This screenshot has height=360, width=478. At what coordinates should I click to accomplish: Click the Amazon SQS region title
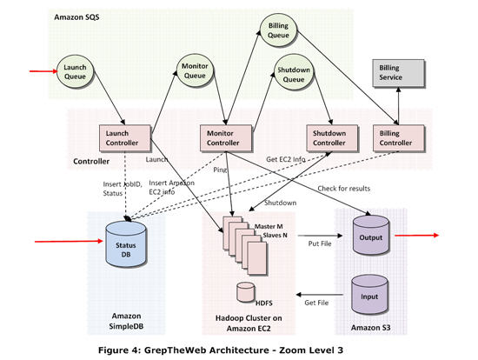(77, 17)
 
